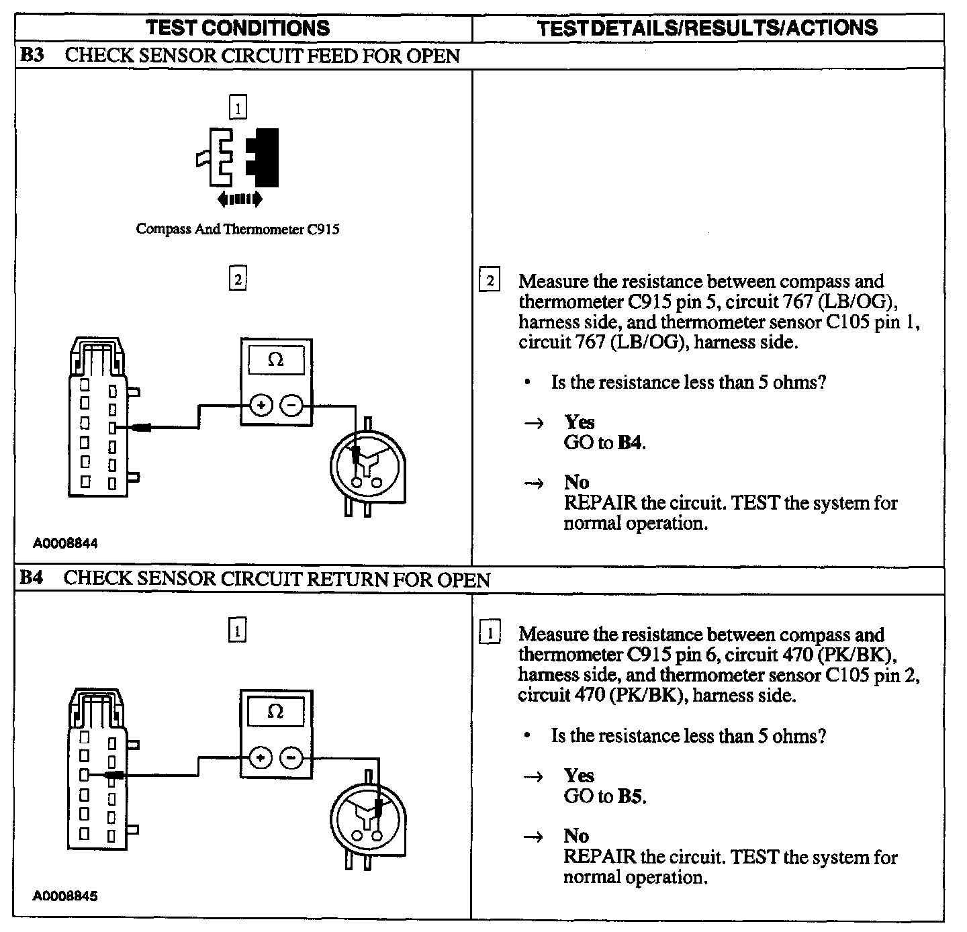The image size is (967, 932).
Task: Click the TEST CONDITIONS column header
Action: pyautogui.click(x=238, y=28)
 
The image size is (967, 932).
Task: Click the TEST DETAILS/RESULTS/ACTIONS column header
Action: pyautogui.click(x=707, y=28)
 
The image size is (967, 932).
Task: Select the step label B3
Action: pyautogui.click(x=32, y=55)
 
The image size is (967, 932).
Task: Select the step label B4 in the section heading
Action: pyautogui.click(x=32, y=578)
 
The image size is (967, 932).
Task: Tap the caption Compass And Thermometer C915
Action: pyautogui.click(x=238, y=229)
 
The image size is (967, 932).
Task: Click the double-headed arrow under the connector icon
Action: pyautogui.click(x=240, y=199)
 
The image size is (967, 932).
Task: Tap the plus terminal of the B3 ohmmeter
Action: pyautogui.click(x=261, y=406)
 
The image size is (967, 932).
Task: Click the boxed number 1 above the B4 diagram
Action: pyautogui.click(x=238, y=631)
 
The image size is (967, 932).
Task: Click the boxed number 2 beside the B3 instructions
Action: pyautogui.click(x=490, y=281)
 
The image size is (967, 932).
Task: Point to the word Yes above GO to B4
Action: pyautogui.click(x=579, y=422)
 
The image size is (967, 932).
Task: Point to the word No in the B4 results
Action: pyautogui.click(x=576, y=836)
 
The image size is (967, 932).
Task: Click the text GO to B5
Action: pyautogui.click(x=604, y=796)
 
